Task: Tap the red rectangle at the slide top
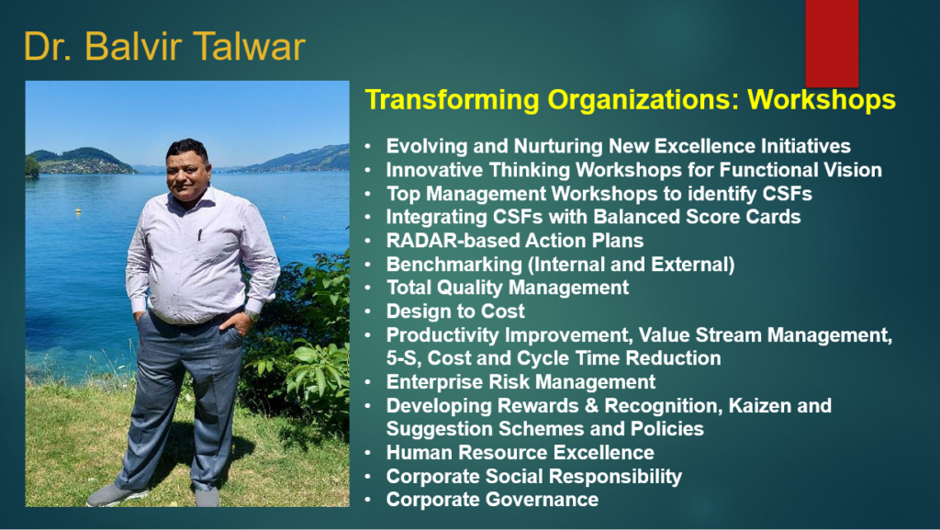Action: click(x=832, y=43)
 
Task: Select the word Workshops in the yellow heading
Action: click(x=822, y=99)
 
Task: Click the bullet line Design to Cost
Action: click(x=455, y=311)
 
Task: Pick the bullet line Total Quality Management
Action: click(x=507, y=288)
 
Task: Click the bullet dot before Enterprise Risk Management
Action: click(x=368, y=382)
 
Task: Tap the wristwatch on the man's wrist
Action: click(x=252, y=314)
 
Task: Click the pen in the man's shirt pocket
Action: click(x=200, y=234)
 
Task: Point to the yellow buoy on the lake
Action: click(x=78, y=210)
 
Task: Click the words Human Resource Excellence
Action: click(x=520, y=453)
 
